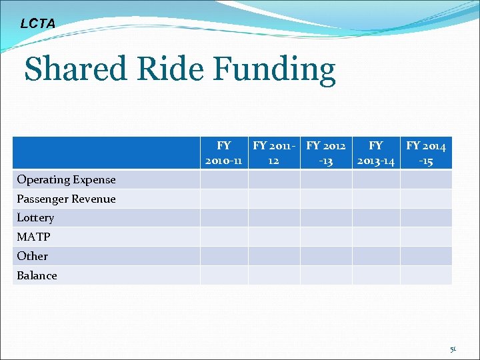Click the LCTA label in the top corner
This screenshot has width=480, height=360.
point(38,24)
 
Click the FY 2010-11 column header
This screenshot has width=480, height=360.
point(224,153)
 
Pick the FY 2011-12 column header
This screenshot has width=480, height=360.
point(274,153)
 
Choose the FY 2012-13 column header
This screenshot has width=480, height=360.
point(326,153)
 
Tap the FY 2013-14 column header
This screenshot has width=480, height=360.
point(376,153)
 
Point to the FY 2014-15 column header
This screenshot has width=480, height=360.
point(426,153)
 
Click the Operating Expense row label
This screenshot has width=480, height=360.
point(66,179)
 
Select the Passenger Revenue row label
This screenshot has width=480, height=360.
point(66,199)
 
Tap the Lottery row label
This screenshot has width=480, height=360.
point(35,217)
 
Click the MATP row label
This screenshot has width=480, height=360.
point(33,237)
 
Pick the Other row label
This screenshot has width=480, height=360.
point(32,256)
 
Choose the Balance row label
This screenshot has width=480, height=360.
point(37,275)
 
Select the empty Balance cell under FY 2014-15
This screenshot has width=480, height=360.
point(426,275)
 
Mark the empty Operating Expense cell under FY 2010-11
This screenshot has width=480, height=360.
point(224,179)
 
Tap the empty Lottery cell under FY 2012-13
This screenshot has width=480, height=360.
point(326,217)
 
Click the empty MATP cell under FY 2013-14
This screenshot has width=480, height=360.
point(376,237)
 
